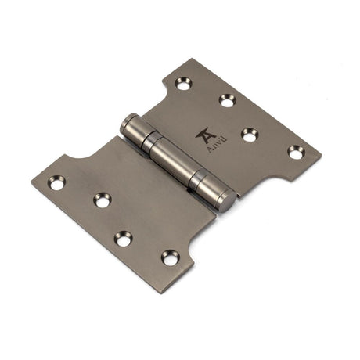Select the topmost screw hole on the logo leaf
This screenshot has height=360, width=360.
[184, 84]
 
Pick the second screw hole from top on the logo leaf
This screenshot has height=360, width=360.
[227, 100]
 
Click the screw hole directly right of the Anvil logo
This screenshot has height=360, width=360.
[250, 134]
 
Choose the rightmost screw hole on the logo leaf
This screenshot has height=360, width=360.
[295, 152]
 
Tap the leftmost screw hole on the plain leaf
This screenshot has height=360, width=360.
[56, 182]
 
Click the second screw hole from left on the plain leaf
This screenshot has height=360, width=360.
[103, 200]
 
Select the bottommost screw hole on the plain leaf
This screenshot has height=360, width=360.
[169, 257]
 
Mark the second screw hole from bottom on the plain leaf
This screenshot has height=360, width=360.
[124, 238]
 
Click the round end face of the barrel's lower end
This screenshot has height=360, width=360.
[224, 202]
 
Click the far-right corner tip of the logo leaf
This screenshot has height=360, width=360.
[320, 150]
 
